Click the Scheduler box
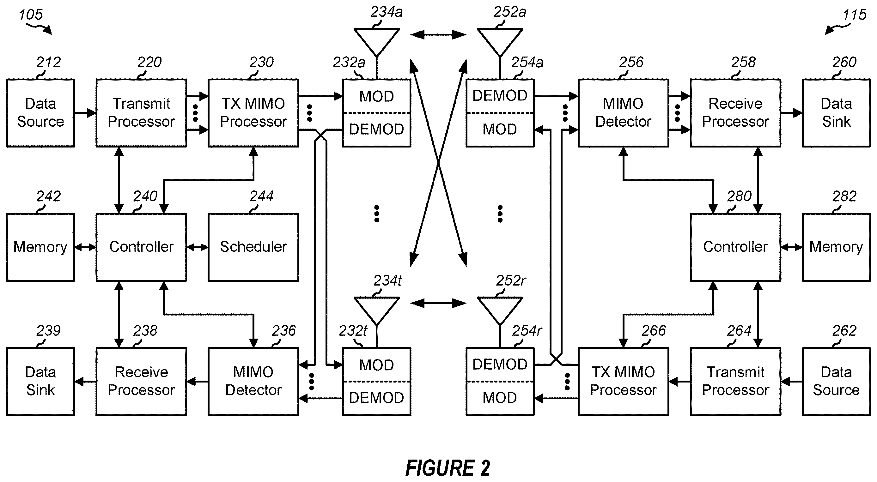253,247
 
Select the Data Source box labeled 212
40,113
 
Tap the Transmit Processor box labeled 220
141,113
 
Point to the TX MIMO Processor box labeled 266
623,381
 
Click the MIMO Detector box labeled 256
623,113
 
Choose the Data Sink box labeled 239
40,381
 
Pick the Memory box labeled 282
836,247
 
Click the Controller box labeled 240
141,247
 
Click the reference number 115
854,15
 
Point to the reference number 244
261,196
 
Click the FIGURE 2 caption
448,468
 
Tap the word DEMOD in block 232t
376,398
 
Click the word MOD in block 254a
500,129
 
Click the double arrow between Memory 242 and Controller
85,247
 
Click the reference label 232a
349,63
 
